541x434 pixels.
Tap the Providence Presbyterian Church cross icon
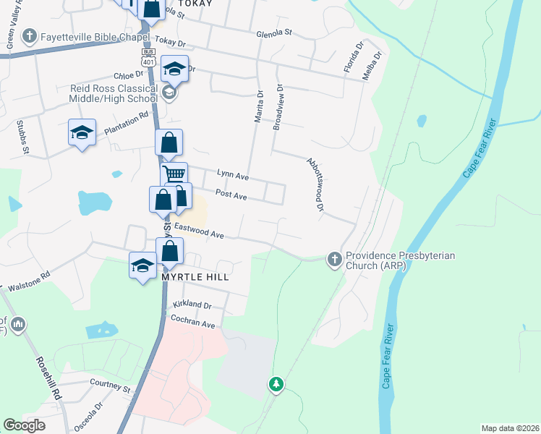click(x=334, y=259)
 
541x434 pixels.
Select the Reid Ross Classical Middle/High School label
click(x=113, y=93)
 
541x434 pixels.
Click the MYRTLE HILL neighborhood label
click(x=195, y=277)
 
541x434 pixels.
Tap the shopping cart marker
click(x=174, y=174)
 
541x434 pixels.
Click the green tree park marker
click(x=276, y=383)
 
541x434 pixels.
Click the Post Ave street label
click(x=231, y=196)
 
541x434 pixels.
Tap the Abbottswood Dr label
click(x=313, y=184)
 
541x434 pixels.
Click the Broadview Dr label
click(x=277, y=106)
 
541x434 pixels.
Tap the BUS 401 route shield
click(x=148, y=57)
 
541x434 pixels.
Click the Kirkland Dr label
click(x=192, y=306)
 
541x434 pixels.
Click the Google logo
click(x=25, y=425)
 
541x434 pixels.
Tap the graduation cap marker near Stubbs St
click(x=82, y=132)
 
